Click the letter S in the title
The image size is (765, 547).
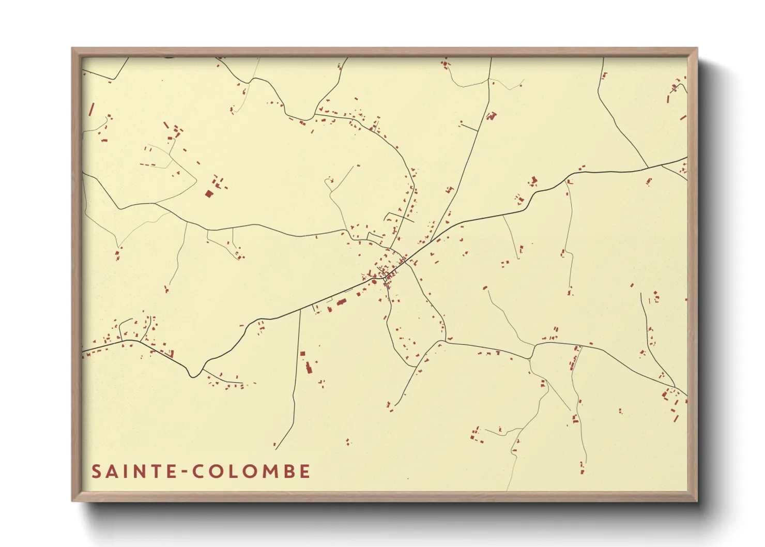(x=97, y=472)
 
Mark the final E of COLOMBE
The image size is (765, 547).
(x=304, y=472)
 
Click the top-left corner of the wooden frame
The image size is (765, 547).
(x=72, y=49)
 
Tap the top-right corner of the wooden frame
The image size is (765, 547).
(x=697, y=49)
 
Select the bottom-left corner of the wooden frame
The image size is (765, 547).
(x=72, y=500)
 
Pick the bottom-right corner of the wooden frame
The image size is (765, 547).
(x=697, y=500)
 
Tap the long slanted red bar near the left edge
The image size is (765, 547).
(x=92, y=110)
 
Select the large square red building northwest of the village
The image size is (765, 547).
(x=209, y=193)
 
